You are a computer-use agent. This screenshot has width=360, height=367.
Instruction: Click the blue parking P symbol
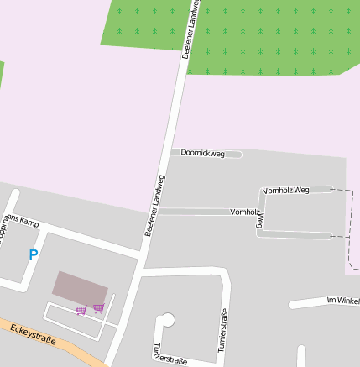[34, 254]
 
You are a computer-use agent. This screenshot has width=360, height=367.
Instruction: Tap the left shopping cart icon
[81, 310]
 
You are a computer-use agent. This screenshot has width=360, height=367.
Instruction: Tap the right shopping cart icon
[98, 308]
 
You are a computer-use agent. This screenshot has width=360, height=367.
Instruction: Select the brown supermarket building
[80, 286]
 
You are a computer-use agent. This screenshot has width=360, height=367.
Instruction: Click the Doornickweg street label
[203, 153]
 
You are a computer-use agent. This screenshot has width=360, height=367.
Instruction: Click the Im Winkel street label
[342, 300]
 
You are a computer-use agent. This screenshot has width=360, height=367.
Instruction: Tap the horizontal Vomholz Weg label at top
[286, 191]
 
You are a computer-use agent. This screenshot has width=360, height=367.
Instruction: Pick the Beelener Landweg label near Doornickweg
[154, 205]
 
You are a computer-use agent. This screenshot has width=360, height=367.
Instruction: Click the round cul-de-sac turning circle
[167, 319]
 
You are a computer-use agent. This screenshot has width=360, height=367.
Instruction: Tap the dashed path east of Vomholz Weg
[351, 227]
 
